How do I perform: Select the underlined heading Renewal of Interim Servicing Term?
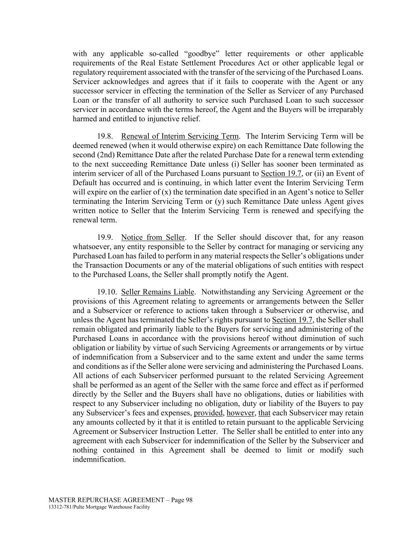tap(180, 136)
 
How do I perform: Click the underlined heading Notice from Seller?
tap(153, 237)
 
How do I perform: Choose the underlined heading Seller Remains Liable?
tap(157, 292)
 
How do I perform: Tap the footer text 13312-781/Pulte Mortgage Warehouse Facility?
tap(99, 507)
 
